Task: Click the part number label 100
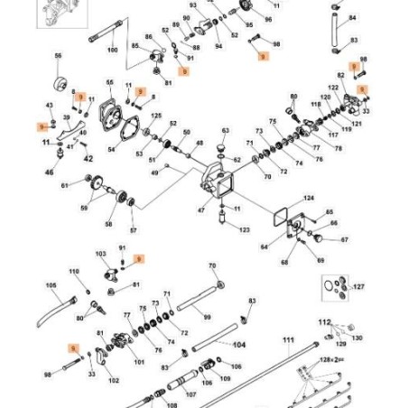tap(112, 51)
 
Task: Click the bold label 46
tap(50, 170)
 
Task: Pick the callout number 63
tap(226, 131)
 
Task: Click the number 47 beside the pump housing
tap(201, 209)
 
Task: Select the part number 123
tap(244, 231)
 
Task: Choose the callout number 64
tap(264, 246)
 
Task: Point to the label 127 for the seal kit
tap(358, 287)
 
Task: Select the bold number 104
tap(240, 344)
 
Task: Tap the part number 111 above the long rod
tap(288, 339)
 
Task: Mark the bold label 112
tap(325, 321)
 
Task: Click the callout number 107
tap(190, 394)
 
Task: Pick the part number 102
tap(114, 381)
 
